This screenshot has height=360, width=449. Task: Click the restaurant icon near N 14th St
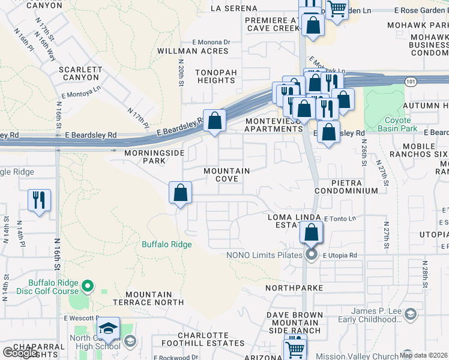[x=39, y=200]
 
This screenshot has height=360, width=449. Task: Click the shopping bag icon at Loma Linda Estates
[x=311, y=232]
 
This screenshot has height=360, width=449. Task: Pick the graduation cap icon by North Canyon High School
[x=108, y=328]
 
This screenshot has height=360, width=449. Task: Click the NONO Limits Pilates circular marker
[x=311, y=256]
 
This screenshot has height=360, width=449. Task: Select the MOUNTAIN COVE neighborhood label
[x=227, y=175]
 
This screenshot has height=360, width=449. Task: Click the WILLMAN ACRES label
[x=193, y=52]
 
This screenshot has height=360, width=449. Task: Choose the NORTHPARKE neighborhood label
[x=294, y=288]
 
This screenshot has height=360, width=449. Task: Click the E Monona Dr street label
[x=211, y=42]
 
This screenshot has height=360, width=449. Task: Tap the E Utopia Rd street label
[x=340, y=256]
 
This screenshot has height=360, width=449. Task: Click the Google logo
[x=20, y=353]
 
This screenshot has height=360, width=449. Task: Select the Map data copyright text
[x=423, y=355]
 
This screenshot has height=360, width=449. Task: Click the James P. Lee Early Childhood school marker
[x=410, y=314]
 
